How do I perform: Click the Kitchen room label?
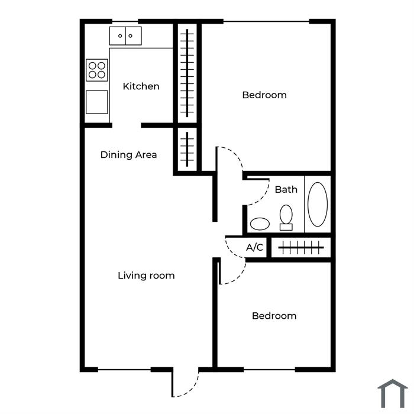(141, 86)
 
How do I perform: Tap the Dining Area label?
(128, 154)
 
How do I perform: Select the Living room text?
(146, 276)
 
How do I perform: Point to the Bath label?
(286, 189)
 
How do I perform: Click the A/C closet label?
(254, 247)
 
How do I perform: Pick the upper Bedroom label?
(264, 95)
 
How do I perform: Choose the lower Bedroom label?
(274, 316)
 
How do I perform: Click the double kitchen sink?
(125, 35)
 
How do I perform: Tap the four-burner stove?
(97, 70)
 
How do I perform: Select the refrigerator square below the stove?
(97, 102)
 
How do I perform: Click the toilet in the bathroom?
(286, 218)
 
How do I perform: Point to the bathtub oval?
(318, 204)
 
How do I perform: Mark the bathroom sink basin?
(260, 224)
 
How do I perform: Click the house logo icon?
(393, 393)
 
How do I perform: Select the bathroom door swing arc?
(262, 199)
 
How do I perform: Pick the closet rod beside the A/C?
(301, 247)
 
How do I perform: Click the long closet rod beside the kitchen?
(187, 73)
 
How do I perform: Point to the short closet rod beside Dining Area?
(187, 149)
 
